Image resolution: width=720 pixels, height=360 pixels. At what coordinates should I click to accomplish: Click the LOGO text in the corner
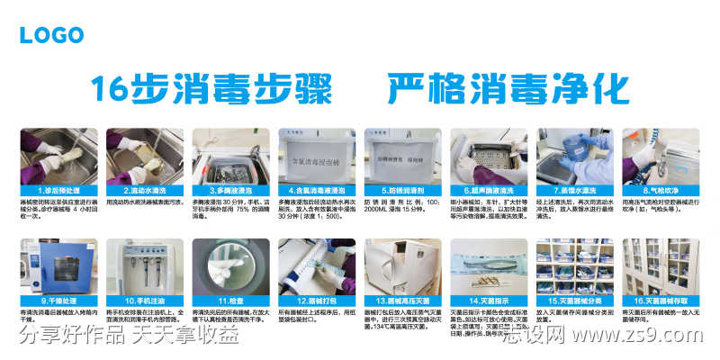[x=51, y=35]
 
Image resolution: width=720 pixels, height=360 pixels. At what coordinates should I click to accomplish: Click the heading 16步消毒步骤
[x=211, y=91]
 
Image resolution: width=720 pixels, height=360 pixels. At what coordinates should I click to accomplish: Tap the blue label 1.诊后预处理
[x=56, y=191]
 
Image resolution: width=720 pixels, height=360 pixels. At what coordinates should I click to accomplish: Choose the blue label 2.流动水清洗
[x=141, y=191]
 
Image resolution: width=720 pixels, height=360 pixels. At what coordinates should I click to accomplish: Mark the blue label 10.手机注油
[x=141, y=301]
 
